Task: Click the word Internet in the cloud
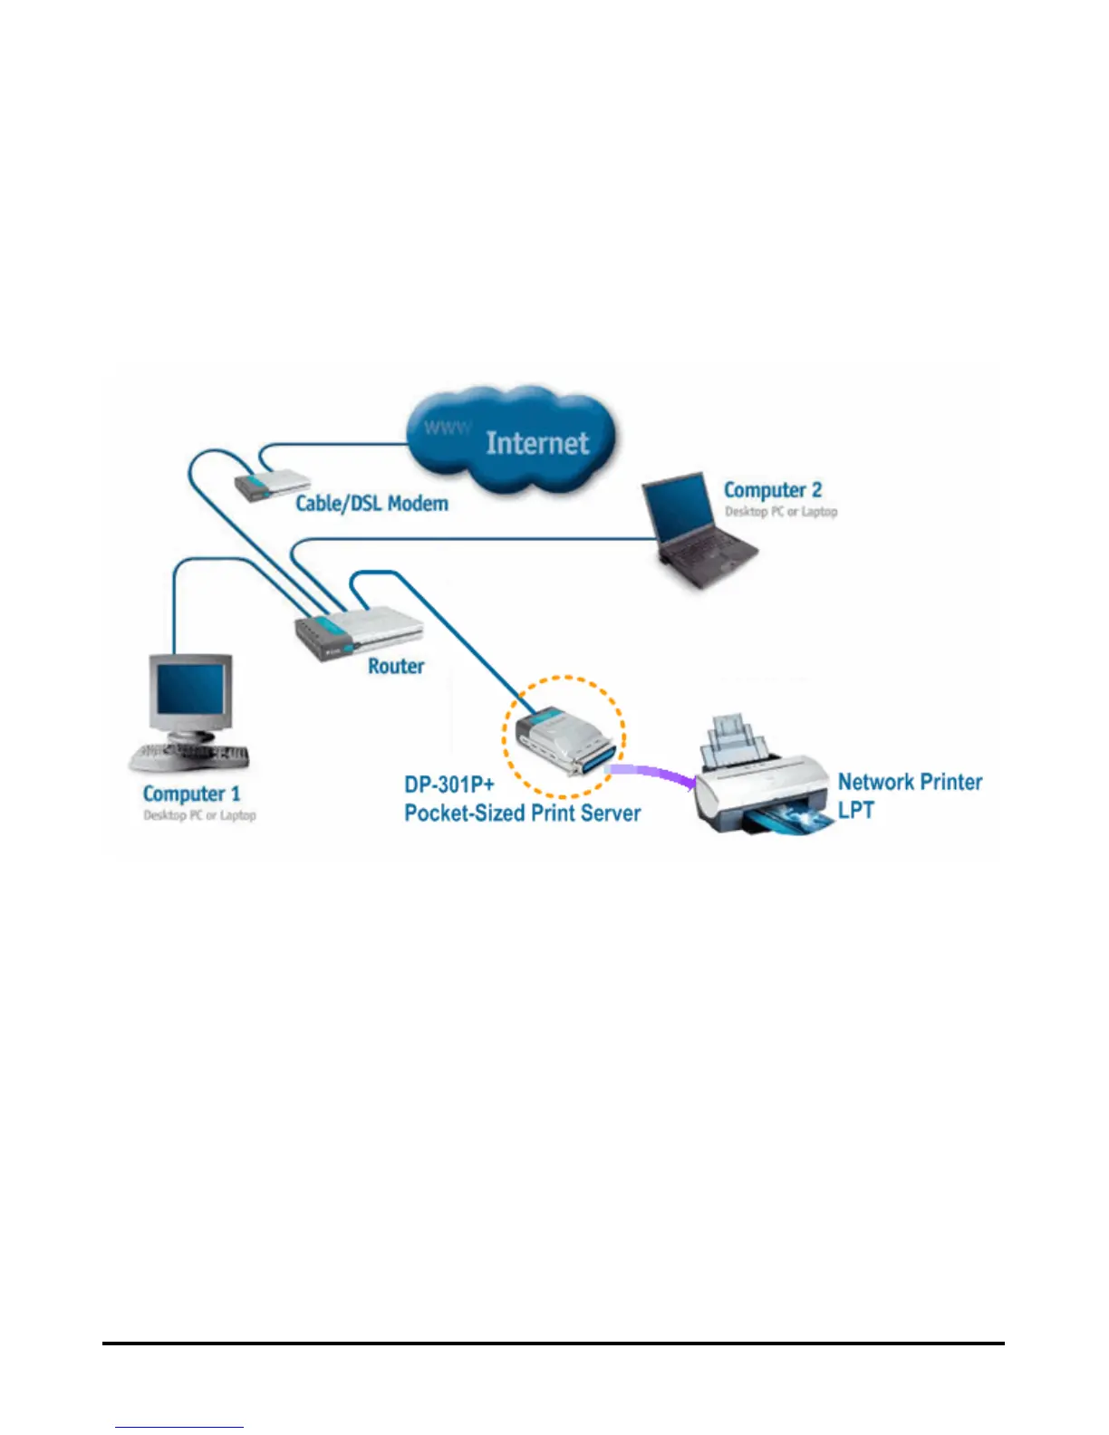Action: click(x=537, y=443)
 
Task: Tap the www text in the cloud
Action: click(x=448, y=429)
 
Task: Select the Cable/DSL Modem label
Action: click(x=372, y=503)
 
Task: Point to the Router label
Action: click(x=396, y=667)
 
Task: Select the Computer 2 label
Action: click(x=773, y=491)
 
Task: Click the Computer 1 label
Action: click(x=192, y=795)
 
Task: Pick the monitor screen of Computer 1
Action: click(x=189, y=688)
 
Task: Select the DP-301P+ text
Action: click(x=449, y=785)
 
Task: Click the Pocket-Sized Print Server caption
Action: click(x=523, y=814)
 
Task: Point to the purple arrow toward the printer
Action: click(x=652, y=775)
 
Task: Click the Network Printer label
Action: click(x=910, y=782)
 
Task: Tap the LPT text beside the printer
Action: click(x=856, y=810)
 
